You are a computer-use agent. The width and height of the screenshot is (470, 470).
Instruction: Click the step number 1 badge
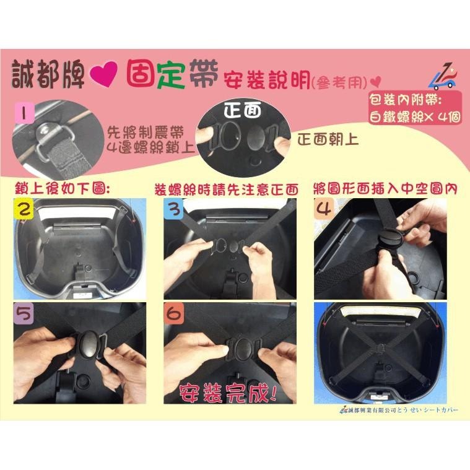point(25,114)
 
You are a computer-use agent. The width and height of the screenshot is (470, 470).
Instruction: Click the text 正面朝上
point(327,139)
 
